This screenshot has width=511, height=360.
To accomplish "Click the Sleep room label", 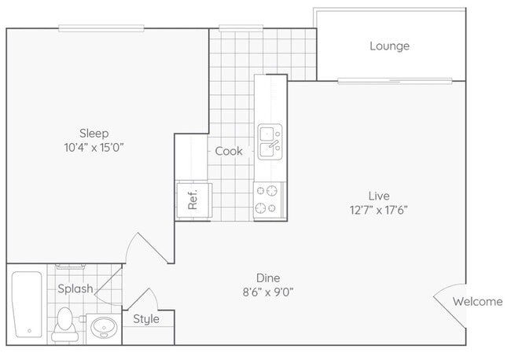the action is (94, 134).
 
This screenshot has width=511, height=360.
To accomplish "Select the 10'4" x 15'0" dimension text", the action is (94, 148).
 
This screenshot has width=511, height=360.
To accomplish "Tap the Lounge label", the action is (389, 46).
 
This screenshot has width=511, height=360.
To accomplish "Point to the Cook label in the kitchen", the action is (229, 151).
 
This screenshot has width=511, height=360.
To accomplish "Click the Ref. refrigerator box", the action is (194, 200).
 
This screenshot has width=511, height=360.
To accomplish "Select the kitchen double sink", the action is (270, 141).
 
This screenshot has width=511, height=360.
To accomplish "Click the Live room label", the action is (379, 196).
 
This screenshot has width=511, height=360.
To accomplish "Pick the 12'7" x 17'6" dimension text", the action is (379, 210).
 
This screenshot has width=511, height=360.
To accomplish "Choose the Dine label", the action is (268, 278).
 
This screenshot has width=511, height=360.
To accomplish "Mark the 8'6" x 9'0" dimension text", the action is (268, 292).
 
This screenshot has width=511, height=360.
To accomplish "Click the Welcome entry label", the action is (477, 302).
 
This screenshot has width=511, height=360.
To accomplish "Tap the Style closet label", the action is (146, 319).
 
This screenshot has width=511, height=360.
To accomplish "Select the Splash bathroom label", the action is (75, 288).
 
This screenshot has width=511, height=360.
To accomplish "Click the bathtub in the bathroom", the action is (27, 305).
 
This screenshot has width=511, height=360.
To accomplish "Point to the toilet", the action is (64, 324).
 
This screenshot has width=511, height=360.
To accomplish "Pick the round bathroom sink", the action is (104, 327).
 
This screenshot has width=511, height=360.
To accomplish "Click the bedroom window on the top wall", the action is (101, 28).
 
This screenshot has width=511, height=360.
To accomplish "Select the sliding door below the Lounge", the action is (395, 81).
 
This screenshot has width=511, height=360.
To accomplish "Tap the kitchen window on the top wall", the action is (241, 28).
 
